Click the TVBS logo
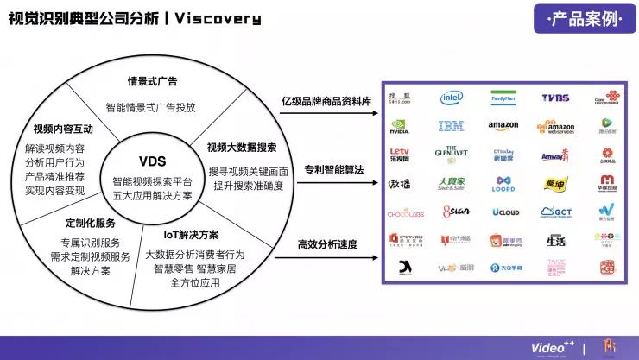click(x=555, y=98)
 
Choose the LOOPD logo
click(x=503, y=183)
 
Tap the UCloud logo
click(x=504, y=211)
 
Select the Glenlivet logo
click(x=452, y=155)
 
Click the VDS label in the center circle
click(x=152, y=161)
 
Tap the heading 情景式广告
click(x=152, y=82)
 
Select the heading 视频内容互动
click(x=64, y=129)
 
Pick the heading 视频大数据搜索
click(x=242, y=147)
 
